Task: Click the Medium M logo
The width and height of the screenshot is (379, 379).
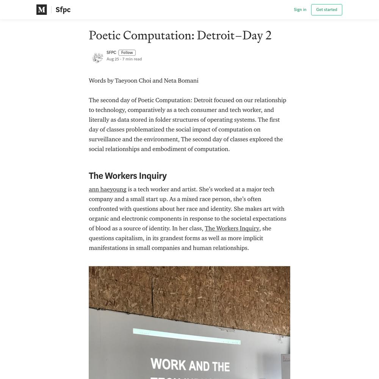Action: [42, 10]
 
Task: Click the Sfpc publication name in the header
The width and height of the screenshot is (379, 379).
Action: [63, 10]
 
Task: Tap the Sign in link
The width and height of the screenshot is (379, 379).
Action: [300, 10]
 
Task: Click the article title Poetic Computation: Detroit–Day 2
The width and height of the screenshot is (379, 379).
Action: [180, 36]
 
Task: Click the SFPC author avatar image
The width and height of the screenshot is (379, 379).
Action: [97, 58]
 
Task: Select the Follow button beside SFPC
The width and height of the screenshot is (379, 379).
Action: [127, 53]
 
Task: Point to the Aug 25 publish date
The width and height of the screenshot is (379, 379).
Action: [113, 59]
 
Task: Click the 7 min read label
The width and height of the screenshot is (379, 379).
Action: [132, 59]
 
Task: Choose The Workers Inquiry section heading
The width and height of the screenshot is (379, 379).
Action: [128, 176]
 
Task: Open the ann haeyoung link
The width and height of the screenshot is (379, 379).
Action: [108, 189]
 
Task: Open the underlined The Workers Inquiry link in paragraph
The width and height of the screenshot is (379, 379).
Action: [232, 229]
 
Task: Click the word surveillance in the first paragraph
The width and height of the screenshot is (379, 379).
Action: [105, 139]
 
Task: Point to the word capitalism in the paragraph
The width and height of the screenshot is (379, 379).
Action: [128, 238]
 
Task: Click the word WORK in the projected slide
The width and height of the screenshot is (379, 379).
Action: [168, 365]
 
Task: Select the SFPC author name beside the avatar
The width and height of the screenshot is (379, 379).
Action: [111, 53]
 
